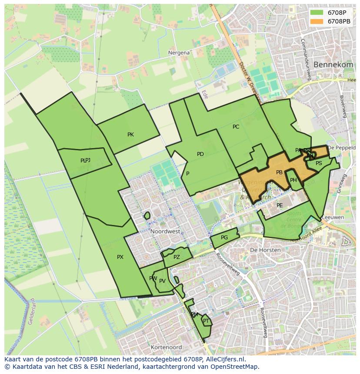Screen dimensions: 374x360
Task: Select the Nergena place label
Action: pos(179,53)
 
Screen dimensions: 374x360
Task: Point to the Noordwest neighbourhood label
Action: pos(165,232)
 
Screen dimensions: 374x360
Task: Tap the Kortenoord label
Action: pos(166,348)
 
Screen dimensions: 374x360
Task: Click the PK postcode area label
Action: pos(130,135)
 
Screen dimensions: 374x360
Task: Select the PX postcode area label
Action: pos(120,257)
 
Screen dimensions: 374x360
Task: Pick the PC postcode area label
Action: pos(236,127)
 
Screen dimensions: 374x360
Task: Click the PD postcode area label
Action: pos(200,154)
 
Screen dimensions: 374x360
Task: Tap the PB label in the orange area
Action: pos(279,172)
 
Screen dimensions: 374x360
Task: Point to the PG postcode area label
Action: pos(224,238)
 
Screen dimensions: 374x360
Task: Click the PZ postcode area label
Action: pos(176,257)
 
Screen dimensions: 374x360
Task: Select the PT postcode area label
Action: pos(206,321)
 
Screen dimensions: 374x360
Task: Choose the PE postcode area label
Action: pos(280,205)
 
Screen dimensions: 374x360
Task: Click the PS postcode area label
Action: pos(319,163)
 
